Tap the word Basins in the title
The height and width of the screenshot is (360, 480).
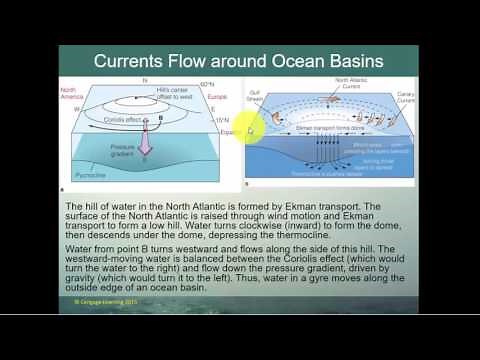coord(351,60)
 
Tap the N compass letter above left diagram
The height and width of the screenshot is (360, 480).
coord(144,79)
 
